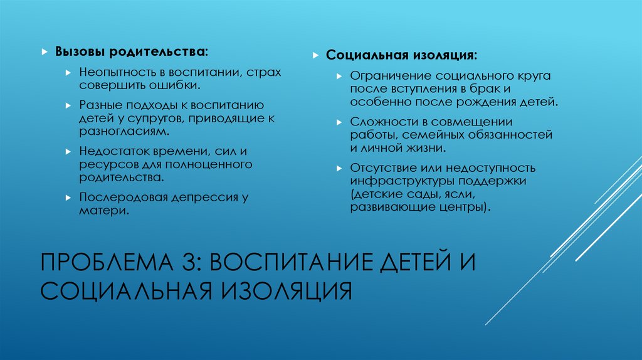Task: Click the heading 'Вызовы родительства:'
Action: (132, 50)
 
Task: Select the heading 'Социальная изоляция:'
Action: (401, 55)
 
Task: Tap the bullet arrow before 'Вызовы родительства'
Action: (45, 51)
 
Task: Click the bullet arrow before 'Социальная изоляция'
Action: (316, 55)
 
